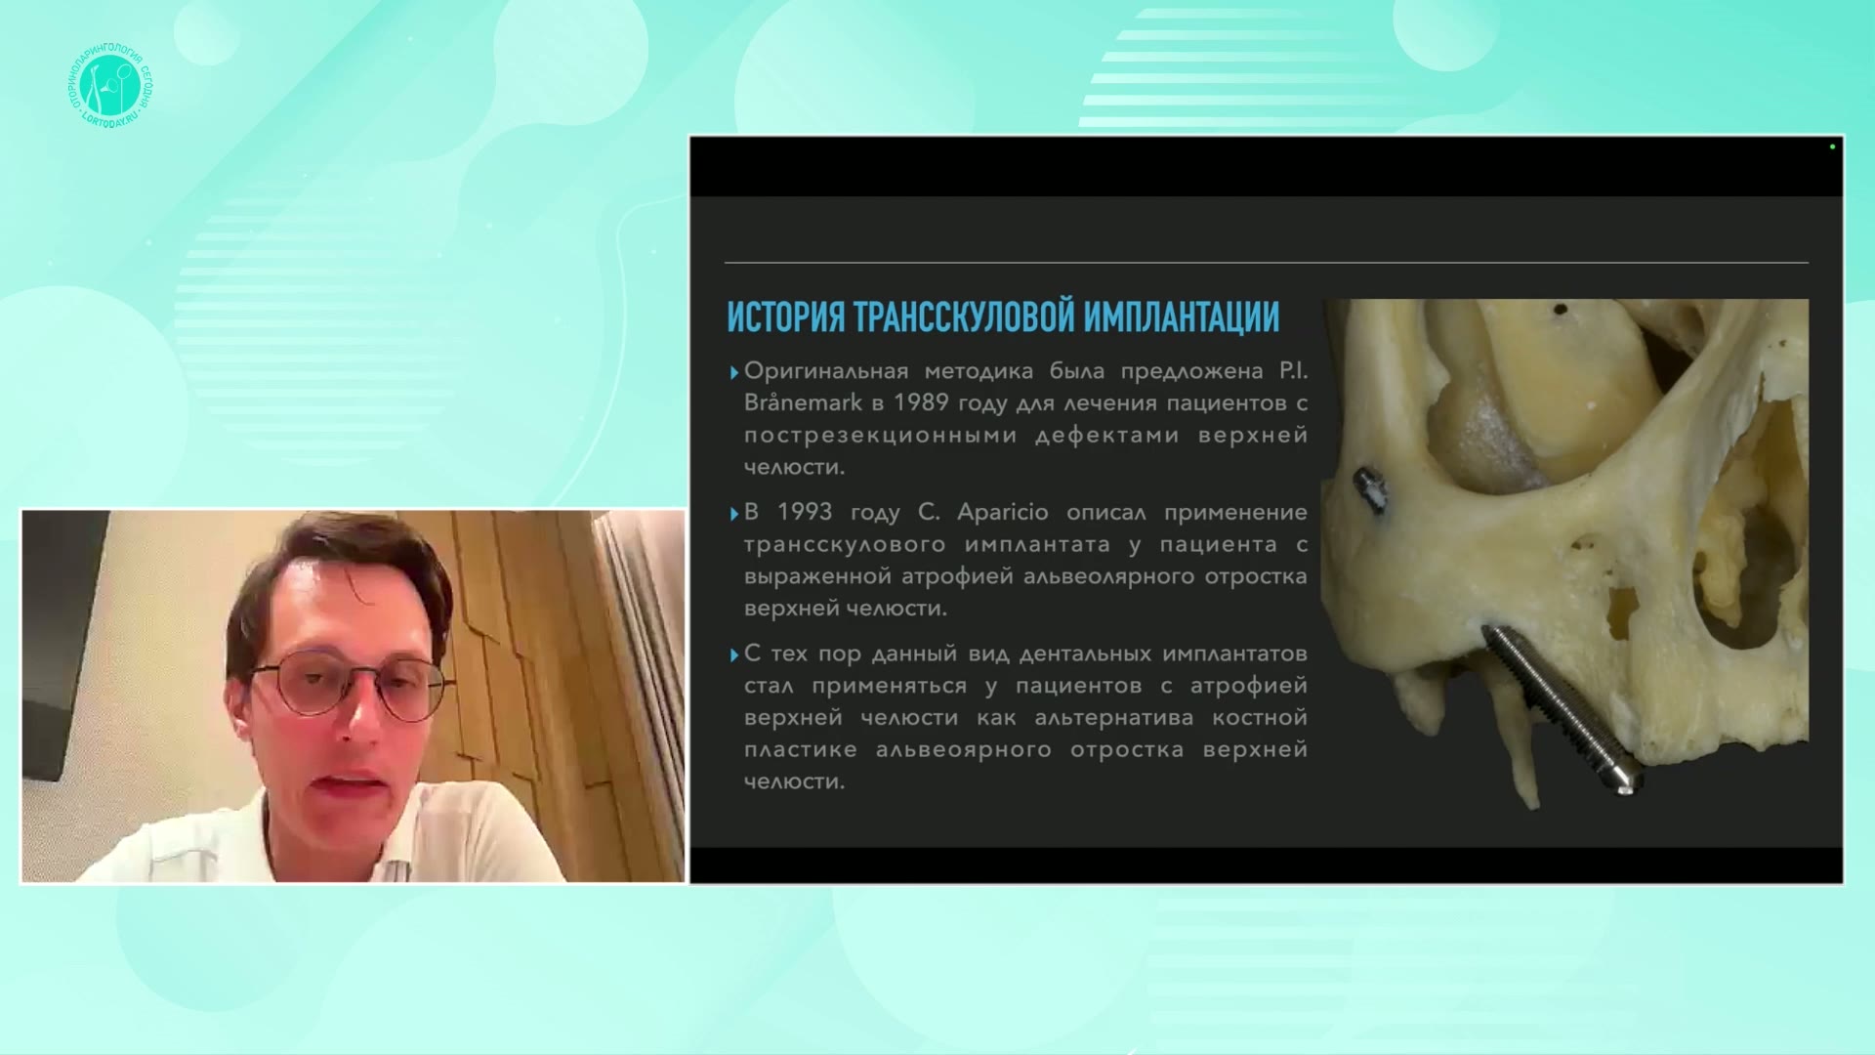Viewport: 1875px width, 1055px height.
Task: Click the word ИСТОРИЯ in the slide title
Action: click(x=786, y=317)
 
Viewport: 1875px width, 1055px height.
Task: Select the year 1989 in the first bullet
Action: click(x=921, y=402)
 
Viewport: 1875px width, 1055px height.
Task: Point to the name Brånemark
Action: click(x=803, y=402)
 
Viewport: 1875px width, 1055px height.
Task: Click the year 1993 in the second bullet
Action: click(x=805, y=512)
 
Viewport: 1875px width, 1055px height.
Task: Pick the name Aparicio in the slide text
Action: click(x=1003, y=513)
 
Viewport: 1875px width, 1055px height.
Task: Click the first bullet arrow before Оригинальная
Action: click(x=734, y=372)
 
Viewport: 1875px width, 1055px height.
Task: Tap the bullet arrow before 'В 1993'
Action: click(x=734, y=514)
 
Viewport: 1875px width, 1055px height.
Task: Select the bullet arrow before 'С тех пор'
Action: click(x=734, y=655)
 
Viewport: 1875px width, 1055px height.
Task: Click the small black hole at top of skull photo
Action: click(x=1560, y=311)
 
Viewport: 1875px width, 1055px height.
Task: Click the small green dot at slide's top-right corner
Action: click(x=1832, y=147)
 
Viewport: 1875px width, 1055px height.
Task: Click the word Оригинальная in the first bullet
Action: click(x=826, y=371)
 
